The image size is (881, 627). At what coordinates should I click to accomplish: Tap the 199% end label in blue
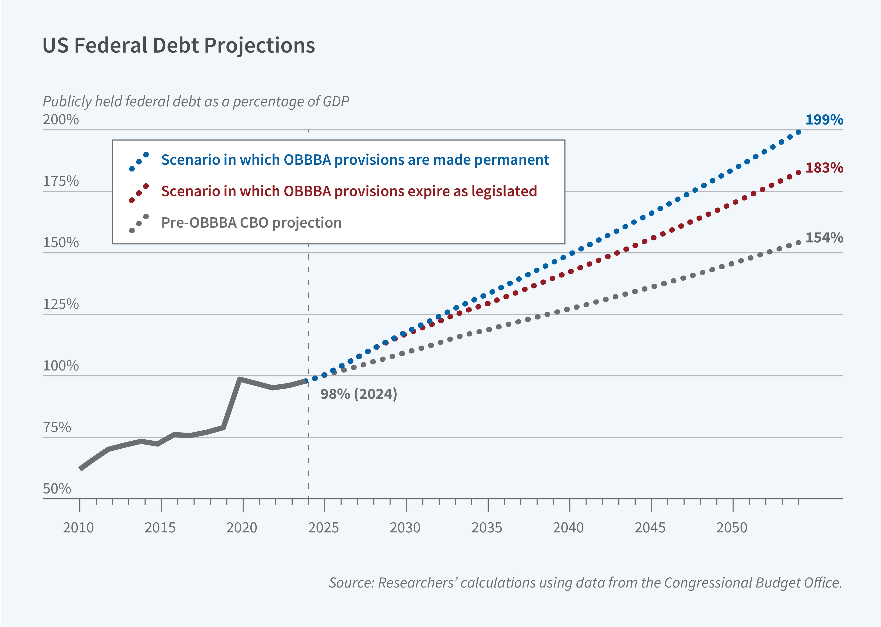(824, 120)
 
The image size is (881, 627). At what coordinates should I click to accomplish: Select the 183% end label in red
(824, 168)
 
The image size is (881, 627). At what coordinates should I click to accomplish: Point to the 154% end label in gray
(824, 237)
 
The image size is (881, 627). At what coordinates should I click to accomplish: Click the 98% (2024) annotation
(358, 394)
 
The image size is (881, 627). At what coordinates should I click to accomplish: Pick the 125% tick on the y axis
(61, 304)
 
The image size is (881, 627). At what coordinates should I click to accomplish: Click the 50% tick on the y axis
(57, 489)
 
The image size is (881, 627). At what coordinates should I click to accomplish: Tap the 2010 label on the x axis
(79, 527)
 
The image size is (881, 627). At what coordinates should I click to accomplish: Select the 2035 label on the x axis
(487, 527)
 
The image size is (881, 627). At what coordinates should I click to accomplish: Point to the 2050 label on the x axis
(732, 527)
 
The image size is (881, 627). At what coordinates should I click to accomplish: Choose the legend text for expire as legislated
(349, 191)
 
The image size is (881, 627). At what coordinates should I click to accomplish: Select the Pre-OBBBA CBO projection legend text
(251, 223)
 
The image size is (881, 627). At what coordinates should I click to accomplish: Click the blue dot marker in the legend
(139, 162)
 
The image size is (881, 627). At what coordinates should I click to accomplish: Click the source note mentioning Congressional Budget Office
(585, 582)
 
